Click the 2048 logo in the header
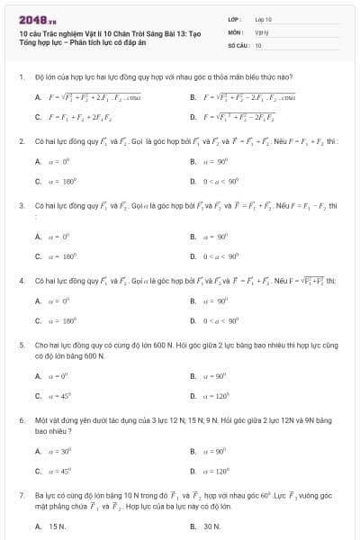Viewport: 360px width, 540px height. [x=31, y=18]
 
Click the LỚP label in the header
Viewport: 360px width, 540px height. [x=231, y=18]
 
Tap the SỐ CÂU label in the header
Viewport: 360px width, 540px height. [x=236, y=44]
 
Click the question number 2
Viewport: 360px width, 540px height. [x=20, y=141]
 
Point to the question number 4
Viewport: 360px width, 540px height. [x=20, y=281]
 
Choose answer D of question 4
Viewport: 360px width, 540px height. [x=220, y=319]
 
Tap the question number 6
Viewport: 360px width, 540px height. [x=20, y=419]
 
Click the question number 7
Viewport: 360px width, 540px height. [x=20, y=494]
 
